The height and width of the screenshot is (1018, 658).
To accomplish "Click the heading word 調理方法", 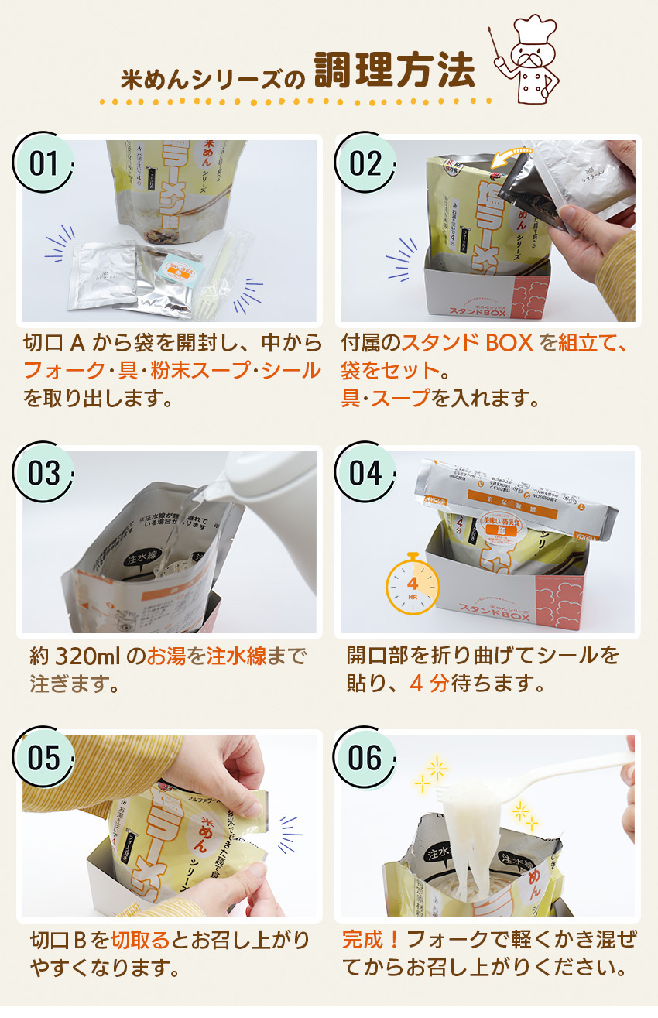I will click(394, 71).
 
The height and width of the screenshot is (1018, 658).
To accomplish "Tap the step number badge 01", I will click(44, 164).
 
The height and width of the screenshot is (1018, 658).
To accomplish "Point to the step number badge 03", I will click(44, 473).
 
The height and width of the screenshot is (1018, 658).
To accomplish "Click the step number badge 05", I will click(44, 758).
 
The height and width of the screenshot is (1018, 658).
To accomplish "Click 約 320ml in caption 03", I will click(77, 656).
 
